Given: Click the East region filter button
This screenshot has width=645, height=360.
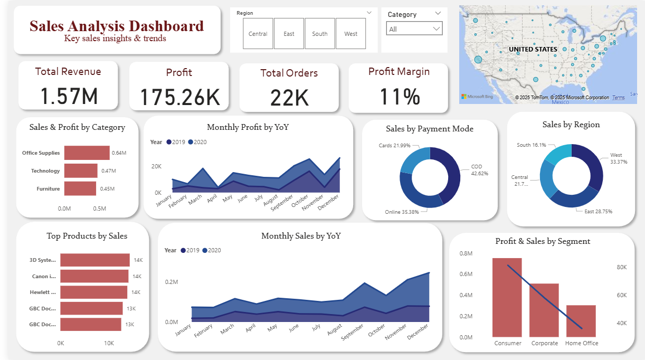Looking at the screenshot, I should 289,33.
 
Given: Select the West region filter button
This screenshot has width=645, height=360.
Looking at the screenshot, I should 350,33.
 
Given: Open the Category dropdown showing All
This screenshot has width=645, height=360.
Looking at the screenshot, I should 414,29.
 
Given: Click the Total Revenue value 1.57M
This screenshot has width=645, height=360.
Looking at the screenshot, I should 69,96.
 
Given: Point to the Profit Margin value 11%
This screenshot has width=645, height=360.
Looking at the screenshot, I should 399,96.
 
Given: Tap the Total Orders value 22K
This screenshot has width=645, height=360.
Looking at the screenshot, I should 289,98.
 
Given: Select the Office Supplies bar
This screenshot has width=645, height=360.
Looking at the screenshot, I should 87,153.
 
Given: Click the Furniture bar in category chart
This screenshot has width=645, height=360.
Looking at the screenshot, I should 80,188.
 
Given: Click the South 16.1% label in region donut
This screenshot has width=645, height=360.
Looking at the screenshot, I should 532,145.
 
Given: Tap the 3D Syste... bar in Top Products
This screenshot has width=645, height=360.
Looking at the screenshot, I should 94,260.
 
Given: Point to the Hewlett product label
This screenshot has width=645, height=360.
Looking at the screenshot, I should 43,292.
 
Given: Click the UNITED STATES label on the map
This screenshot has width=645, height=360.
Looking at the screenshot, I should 533,49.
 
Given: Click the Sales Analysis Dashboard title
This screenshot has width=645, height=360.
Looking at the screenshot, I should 117,26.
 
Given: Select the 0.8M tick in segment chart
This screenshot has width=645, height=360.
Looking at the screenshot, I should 466,253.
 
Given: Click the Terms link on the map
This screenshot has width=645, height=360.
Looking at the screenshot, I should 618,98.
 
